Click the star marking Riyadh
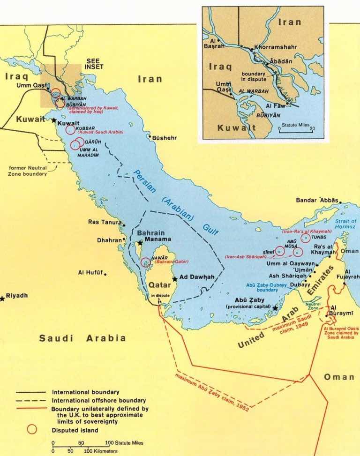(2, 298)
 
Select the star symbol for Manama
(139, 243)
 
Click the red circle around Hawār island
(146, 262)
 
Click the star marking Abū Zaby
(275, 308)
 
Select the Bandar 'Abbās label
(317, 200)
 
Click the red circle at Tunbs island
(305, 238)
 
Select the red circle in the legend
(31, 429)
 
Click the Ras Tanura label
(105, 222)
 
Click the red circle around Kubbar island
(70, 130)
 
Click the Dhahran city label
(109, 240)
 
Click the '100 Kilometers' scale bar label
(101, 451)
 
